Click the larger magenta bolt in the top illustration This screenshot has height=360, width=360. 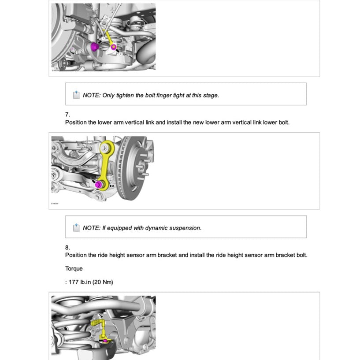94,47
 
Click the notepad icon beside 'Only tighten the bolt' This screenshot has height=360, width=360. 76,95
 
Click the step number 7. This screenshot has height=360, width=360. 67,115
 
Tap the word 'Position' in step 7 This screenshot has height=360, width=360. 76,122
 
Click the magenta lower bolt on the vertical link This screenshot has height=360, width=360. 99,184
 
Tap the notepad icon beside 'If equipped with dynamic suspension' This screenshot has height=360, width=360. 76,228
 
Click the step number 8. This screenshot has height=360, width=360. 67,247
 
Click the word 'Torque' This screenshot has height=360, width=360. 74,268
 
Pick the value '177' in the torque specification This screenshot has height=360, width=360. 74,282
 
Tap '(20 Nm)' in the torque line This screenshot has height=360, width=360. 103,282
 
